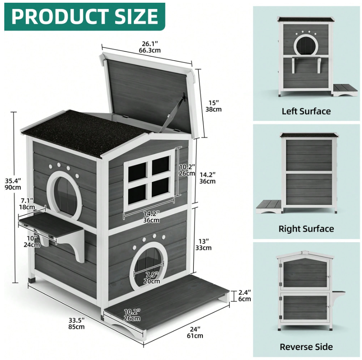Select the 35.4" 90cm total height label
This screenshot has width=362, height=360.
[13, 184]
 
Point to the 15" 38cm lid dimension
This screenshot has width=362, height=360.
[213, 106]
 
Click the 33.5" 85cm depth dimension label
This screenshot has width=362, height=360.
[76, 323]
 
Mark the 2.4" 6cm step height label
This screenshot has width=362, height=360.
[245, 295]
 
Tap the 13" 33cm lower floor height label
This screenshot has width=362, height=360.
[204, 244]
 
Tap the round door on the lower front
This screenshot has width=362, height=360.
[148, 265]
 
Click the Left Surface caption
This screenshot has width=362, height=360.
[306, 111]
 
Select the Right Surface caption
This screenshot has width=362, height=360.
[306, 229]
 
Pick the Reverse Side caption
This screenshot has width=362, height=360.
[306, 347]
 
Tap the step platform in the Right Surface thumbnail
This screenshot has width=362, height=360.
[269, 204]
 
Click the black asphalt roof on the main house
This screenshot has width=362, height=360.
[84, 130]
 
